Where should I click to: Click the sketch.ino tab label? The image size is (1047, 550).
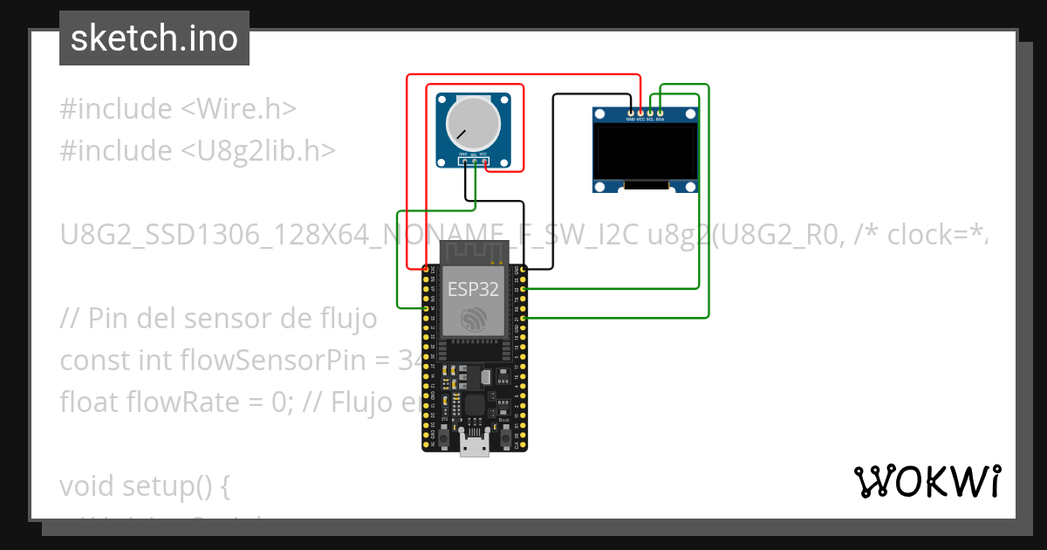pyautogui.click(x=154, y=38)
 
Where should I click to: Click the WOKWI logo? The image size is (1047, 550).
pyautogui.click(x=927, y=482)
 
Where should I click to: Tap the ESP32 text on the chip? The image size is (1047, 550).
pyautogui.click(x=473, y=289)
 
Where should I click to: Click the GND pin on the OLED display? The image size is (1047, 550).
pyautogui.click(x=631, y=113)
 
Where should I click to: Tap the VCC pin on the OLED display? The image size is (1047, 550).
pyautogui.click(x=640, y=113)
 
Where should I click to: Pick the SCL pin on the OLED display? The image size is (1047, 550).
pyautogui.click(x=650, y=113)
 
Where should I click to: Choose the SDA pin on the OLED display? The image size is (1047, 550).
pyautogui.click(x=660, y=113)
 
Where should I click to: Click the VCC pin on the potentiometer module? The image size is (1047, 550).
pyautogui.click(x=484, y=161)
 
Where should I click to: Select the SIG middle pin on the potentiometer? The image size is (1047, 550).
pyautogui.click(x=475, y=161)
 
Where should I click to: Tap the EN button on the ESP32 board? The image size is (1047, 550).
pyautogui.click(x=443, y=435)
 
